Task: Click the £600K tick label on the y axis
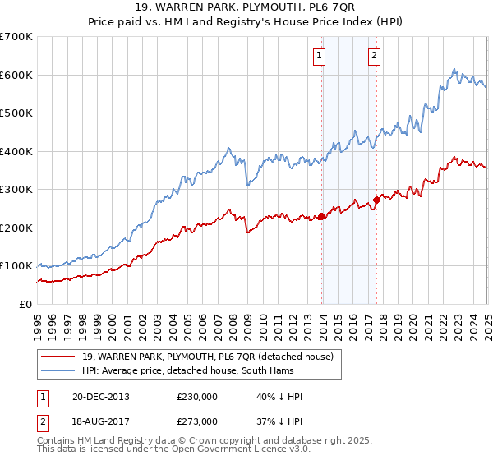pyautogui.click(x=16, y=75)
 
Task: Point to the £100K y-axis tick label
pyautogui.click(x=16, y=266)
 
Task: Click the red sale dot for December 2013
pyautogui.click(x=321, y=216)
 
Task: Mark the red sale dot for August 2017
pyautogui.click(x=376, y=200)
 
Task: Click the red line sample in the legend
pyautogui.click(x=58, y=356)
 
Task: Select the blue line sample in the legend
pyautogui.click(x=58, y=370)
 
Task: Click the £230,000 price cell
pyautogui.click(x=197, y=397)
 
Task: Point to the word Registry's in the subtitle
pyautogui.click(x=305, y=24)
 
